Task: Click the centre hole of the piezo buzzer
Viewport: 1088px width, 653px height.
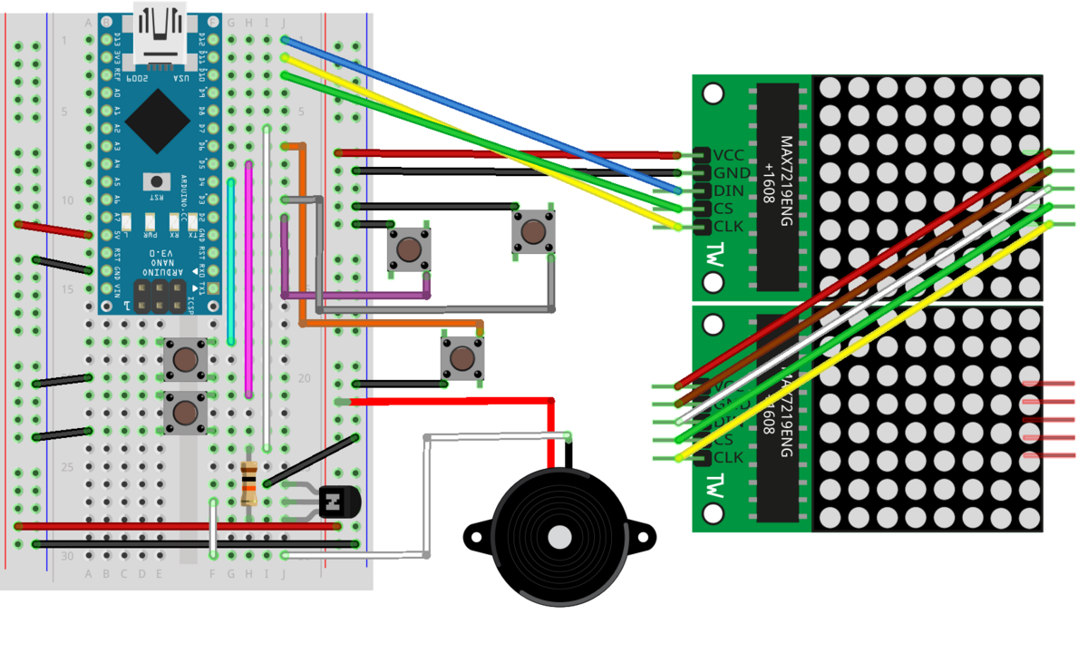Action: pos(559,537)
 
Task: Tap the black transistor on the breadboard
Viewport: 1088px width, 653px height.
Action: pos(338,501)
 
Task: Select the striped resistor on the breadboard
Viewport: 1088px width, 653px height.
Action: pos(250,482)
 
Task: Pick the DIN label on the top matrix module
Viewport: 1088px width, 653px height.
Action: pos(729,190)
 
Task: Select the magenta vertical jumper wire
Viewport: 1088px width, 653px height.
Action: pos(248,281)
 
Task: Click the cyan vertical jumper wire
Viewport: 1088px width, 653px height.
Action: pos(231,263)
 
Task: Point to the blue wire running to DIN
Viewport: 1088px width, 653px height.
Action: pos(481,114)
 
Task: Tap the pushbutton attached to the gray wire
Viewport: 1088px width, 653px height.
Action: pos(533,232)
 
